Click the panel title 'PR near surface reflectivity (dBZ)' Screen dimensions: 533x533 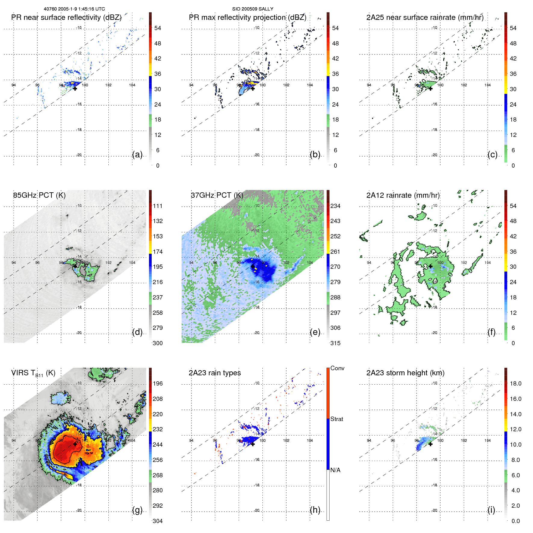[66, 17]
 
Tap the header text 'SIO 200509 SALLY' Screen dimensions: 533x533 [253, 9]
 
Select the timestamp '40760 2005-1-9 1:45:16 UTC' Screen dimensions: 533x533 [74, 9]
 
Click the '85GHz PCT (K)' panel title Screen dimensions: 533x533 [39, 195]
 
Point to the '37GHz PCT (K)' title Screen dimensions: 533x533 [217, 195]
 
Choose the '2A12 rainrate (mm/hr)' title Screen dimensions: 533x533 [403, 195]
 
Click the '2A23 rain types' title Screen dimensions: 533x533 [215, 373]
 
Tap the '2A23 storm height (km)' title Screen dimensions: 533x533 [405, 373]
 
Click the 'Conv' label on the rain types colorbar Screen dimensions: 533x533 [337, 368]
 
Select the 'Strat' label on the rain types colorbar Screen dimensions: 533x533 [337, 419]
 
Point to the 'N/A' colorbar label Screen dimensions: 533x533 [336, 470]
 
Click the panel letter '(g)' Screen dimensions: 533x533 [137, 510]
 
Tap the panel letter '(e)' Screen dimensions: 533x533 [315, 332]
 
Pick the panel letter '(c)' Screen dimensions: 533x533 [493, 154]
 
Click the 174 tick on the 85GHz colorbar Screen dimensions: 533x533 [158, 252]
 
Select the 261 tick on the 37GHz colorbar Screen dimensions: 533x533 [335, 252]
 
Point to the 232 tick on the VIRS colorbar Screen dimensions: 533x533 [158, 429]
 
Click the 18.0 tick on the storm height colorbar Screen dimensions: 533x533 [516, 383]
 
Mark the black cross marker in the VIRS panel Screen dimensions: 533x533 [75, 444]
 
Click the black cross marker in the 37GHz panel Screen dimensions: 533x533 [253, 266]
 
